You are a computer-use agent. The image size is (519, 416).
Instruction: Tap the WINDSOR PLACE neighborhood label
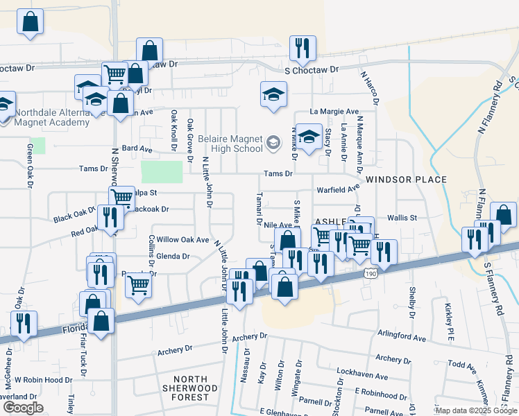click(406, 180)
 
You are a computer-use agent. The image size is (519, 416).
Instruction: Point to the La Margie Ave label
click(334, 111)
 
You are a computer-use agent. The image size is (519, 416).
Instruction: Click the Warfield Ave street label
click(339, 188)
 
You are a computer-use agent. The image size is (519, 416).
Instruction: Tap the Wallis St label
click(401, 217)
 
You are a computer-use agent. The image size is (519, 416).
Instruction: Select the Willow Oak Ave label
click(182, 240)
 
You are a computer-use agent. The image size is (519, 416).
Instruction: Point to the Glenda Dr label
click(173, 256)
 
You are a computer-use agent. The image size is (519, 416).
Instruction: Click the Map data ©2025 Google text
click(476, 410)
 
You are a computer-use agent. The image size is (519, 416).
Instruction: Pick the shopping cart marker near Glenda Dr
click(139, 283)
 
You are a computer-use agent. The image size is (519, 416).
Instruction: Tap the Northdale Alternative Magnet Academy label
click(52, 117)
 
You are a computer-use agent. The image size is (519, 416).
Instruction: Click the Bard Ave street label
click(137, 148)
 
